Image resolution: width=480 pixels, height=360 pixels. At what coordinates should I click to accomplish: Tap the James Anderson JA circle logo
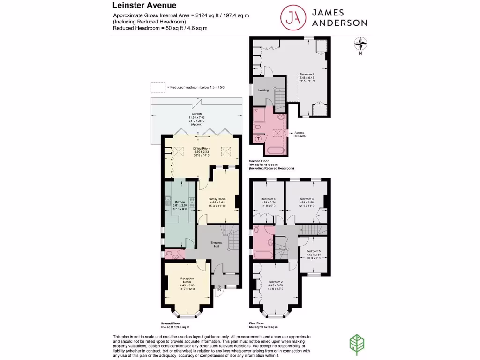pos(291,17)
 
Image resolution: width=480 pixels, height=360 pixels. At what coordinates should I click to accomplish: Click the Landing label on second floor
pos(264,90)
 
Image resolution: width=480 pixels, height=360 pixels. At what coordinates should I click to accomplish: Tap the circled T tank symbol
pos(259,139)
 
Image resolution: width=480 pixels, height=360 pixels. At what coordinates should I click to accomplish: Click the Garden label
pos(196,114)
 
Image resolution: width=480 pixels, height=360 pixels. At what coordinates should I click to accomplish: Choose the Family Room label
pos(217,199)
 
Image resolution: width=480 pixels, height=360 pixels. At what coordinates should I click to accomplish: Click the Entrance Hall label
pos(216,244)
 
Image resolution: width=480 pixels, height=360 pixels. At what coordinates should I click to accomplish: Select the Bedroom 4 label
pos(268,199)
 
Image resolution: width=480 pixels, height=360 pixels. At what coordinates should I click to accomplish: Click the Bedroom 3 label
pos(306,199)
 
